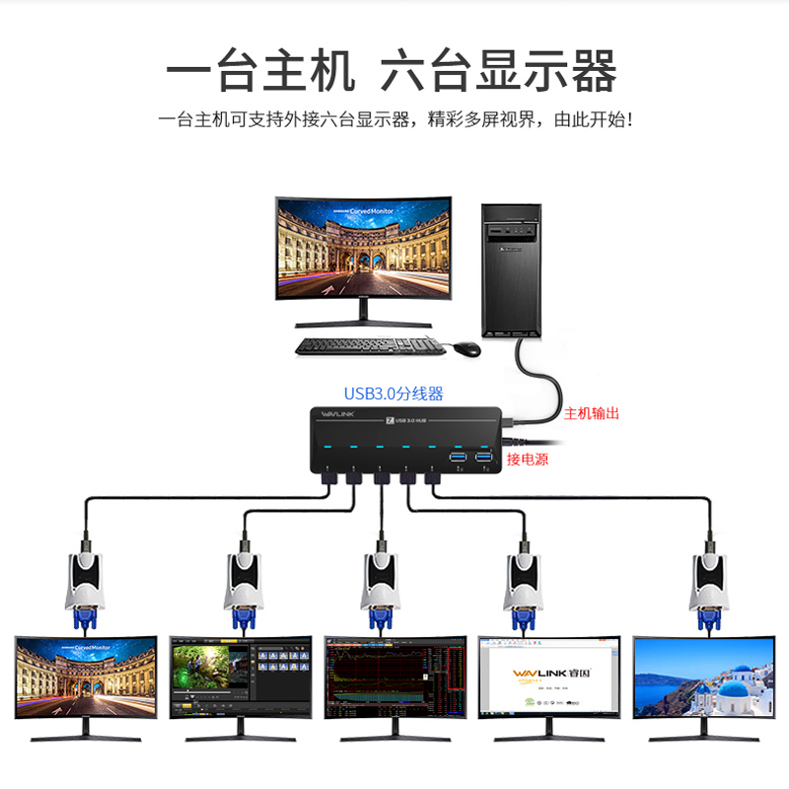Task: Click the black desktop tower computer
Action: click(x=511, y=271)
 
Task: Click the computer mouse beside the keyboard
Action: click(x=466, y=348)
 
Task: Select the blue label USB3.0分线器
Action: click(x=394, y=394)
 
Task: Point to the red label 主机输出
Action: click(x=592, y=413)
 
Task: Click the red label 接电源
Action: click(x=528, y=460)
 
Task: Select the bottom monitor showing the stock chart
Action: click(x=394, y=680)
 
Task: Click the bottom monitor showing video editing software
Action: click(x=241, y=681)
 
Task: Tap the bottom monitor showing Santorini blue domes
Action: click(x=703, y=680)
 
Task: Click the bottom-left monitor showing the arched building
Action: click(x=86, y=680)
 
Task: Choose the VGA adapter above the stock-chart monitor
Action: click(x=381, y=588)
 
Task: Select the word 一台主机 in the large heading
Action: click(x=258, y=71)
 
